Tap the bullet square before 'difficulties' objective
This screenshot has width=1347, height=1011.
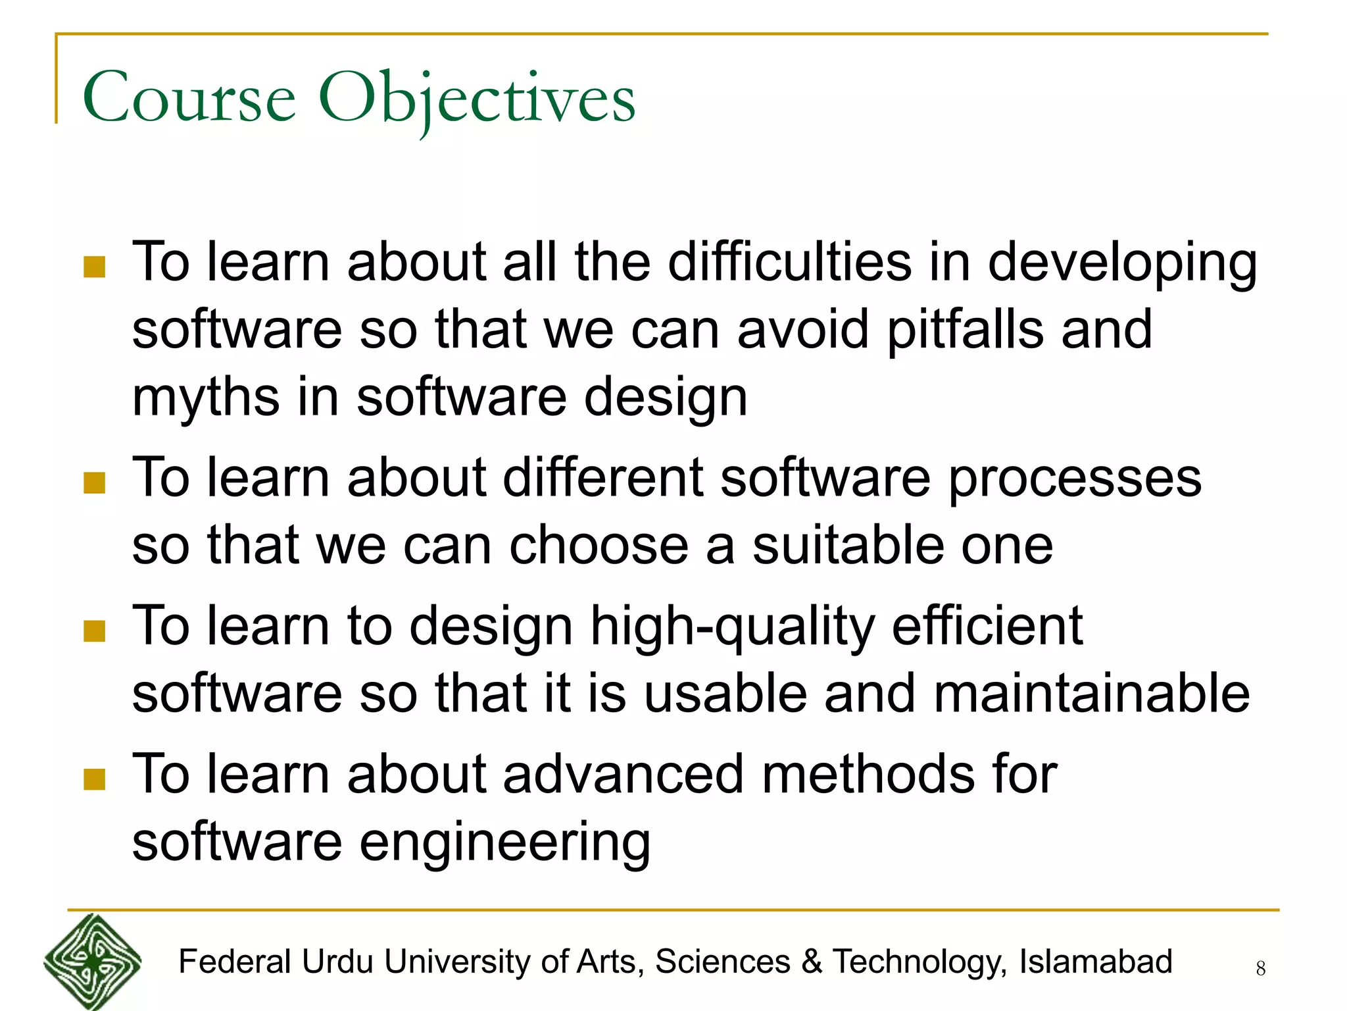pos(95,267)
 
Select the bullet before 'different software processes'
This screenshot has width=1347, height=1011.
pos(95,482)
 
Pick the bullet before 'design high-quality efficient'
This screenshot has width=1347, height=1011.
pos(95,631)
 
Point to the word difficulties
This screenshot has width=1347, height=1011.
pos(790,262)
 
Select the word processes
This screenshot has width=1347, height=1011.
pos(1075,478)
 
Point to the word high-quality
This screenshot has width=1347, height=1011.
pos(732,627)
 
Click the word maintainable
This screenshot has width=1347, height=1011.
pos(1091,694)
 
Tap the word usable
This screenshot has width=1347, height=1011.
pos(725,694)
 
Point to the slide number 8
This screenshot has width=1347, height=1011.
pos(1260,968)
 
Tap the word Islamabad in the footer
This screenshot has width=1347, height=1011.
pos(1096,961)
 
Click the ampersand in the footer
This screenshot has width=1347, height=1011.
pos(812,961)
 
